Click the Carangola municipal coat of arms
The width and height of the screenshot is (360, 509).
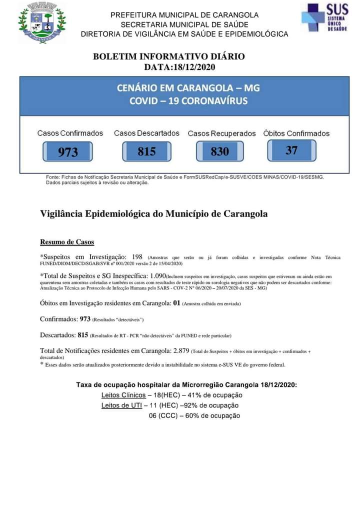[x=41, y=22]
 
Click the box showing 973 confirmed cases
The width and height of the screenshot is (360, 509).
[x=68, y=151]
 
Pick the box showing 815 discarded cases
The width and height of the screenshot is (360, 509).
[x=147, y=151]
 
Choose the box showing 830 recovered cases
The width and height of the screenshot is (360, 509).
[x=219, y=151]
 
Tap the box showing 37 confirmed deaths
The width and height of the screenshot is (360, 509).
[x=291, y=150]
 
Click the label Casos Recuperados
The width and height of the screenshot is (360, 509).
[x=221, y=133]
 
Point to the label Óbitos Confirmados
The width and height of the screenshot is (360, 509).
[x=296, y=133]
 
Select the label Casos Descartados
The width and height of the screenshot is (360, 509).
[x=146, y=133]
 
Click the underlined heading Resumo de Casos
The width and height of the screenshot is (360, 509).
[x=67, y=242]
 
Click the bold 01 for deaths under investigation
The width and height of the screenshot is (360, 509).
[x=176, y=303]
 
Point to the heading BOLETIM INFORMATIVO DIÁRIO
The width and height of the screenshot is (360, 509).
[x=169, y=56]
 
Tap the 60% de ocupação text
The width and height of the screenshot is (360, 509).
[x=212, y=415]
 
